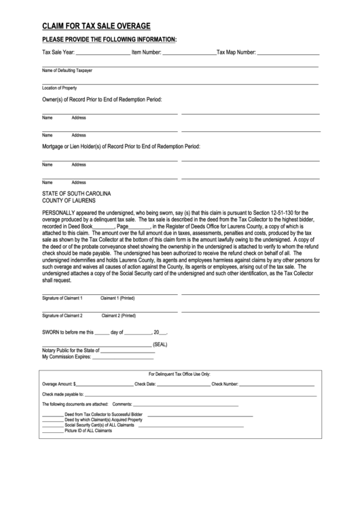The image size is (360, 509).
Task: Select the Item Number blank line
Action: click(190, 53)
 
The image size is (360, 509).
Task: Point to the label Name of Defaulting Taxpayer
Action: click(67, 70)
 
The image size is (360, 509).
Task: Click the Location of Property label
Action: click(60, 88)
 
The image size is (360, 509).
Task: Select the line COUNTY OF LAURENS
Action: click(69, 201)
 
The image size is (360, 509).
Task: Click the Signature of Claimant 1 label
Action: click(62, 298)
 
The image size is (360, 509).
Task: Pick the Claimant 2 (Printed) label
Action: click(118, 315)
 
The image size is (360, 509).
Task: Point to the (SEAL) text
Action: click(160, 345)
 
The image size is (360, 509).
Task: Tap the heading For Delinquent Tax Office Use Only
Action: click(179, 374)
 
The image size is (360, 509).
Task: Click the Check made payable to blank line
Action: click(200, 394)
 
